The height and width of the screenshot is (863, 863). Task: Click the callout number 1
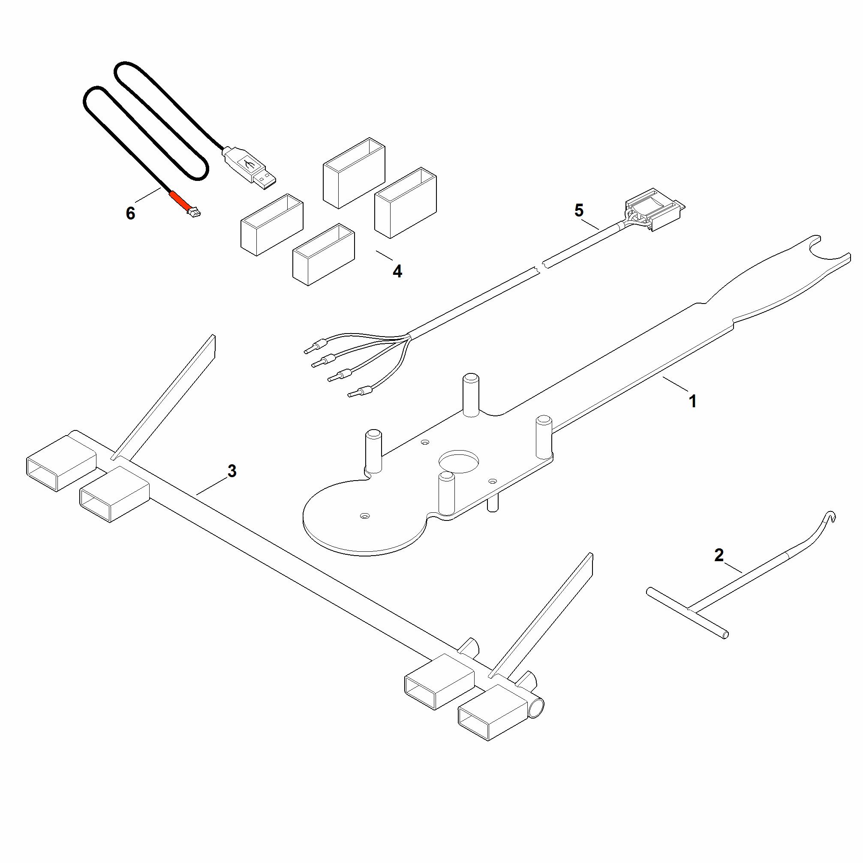tap(693, 402)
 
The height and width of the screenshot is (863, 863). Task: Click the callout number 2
tap(719, 555)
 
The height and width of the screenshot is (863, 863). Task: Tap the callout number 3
tap(232, 471)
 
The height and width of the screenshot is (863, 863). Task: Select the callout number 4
tap(397, 271)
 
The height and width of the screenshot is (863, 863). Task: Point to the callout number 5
tap(579, 210)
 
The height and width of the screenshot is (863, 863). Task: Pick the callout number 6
tap(130, 213)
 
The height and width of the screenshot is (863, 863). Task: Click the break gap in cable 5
tap(542, 267)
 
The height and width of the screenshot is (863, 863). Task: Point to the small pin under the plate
tap(493, 503)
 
